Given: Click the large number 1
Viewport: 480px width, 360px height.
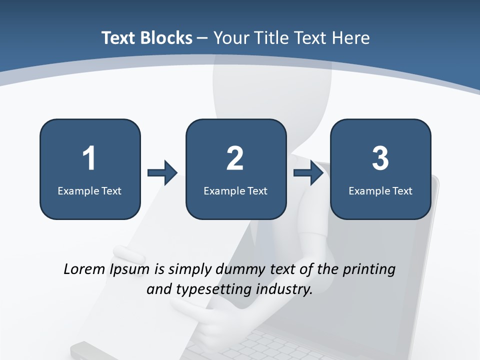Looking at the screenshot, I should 89,158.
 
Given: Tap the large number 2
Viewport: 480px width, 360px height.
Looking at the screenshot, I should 235,158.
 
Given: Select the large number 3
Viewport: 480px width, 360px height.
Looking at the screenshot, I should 380,158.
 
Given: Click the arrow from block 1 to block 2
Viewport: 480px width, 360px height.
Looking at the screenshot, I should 163,173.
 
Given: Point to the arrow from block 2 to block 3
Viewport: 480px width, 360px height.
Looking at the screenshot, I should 308,173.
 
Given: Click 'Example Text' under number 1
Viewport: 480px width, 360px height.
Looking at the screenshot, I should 89,190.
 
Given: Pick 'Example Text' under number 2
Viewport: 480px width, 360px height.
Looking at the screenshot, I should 235,190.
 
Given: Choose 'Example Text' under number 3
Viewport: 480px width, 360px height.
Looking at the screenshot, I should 380,190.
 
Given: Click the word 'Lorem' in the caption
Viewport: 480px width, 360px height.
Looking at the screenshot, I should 84,269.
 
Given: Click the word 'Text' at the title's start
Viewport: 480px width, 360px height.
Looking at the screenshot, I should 118,38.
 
